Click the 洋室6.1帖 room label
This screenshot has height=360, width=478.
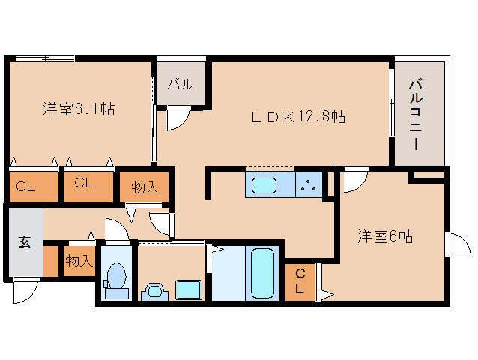click(x=79, y=109)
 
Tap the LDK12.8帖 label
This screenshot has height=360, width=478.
click(x=298, y=116)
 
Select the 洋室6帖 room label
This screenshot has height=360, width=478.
click(x=385, y=236)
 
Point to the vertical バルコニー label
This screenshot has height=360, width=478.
click(x=416, y=115)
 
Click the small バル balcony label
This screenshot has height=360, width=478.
click(x=181, y=84)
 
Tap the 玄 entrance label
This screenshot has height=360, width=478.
click(x=25, y=241)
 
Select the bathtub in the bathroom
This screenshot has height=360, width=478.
click(x=262, y=273)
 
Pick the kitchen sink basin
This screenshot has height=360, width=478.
click(x=264, y=185)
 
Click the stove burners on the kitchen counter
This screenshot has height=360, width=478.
click(x=309, y=184)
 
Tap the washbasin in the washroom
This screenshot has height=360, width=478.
click(x=154, y=291)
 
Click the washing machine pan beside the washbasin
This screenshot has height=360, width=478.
click(x=188, y=289)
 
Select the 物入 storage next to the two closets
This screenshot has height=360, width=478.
click(x=144, y=187)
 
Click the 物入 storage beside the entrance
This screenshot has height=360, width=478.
click(x=79, y=261)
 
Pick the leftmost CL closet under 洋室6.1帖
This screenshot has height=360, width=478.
click(x=34, y=187)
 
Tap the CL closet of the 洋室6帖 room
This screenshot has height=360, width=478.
click(x=300, y=282)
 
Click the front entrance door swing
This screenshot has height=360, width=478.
click(x=25, y=292)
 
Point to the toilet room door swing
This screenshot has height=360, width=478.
click(x=118, y=229)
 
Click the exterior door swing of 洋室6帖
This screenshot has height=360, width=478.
click(x=459, y=245)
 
